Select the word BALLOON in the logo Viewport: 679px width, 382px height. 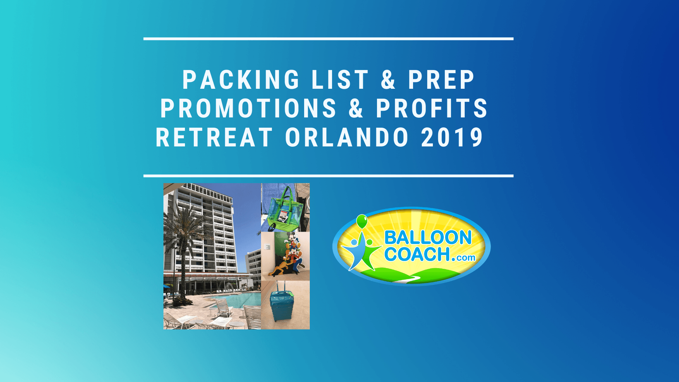[x=428, y=237]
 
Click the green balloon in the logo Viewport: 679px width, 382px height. [x=362, y=221]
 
